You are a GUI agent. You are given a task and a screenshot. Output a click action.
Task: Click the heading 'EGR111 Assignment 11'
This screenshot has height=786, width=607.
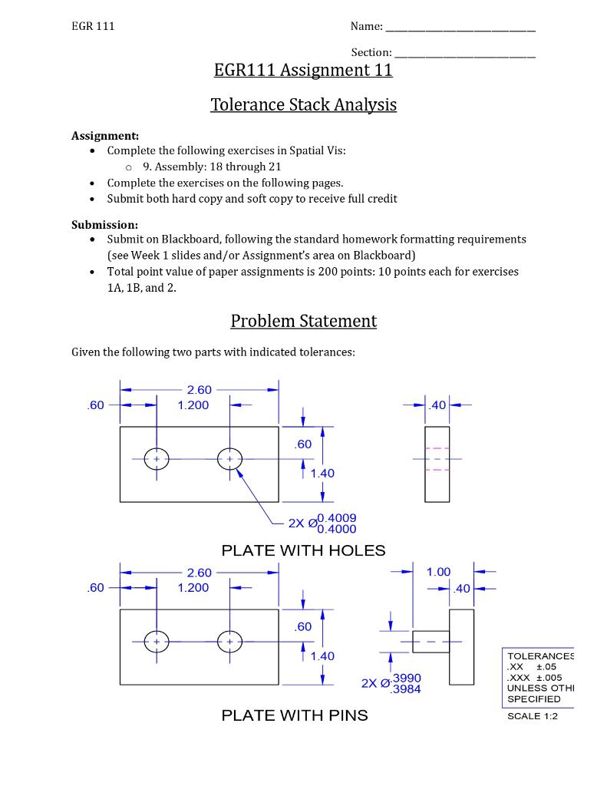point(303,71)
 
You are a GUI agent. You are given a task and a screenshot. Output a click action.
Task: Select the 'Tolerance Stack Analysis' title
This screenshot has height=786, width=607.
point(303,104)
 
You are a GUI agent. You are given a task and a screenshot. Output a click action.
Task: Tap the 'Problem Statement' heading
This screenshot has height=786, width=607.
point(303,321)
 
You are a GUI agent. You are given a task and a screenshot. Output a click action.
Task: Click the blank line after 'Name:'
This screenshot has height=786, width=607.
point(460,28)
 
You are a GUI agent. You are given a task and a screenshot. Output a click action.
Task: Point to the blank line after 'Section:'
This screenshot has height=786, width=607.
point(464,54)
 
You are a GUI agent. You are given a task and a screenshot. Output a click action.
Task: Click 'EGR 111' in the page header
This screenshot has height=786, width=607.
point(93,26)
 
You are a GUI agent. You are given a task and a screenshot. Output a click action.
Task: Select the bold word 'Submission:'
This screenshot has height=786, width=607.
point(104,225)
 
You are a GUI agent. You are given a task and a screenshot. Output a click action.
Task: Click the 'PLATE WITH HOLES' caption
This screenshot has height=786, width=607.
point(303,550)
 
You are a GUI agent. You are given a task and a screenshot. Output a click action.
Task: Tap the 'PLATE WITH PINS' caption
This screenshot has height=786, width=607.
point(295,715)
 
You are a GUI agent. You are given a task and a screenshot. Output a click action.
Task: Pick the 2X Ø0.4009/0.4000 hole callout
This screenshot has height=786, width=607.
point(322,523)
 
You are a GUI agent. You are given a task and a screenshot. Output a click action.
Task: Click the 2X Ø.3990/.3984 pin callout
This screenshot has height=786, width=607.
point(391,683)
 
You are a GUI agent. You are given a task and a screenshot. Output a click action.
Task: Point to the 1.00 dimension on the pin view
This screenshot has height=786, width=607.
point(438,572)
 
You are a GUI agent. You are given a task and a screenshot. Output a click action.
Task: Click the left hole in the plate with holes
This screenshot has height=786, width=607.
point(157,459)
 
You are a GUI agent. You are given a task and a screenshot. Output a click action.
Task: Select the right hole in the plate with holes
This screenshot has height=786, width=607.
point(229,459)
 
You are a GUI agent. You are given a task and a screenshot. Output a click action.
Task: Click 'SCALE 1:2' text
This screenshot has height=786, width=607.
point(533,716)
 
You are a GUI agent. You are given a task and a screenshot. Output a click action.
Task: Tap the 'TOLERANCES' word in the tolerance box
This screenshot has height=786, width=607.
point(540,656)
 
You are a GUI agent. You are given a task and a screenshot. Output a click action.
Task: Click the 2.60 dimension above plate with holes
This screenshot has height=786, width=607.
point(199,390)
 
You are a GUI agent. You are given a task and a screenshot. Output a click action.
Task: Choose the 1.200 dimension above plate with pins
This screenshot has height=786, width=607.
point(193,588)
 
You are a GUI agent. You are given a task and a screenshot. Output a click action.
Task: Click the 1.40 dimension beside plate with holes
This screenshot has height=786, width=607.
point(322,474)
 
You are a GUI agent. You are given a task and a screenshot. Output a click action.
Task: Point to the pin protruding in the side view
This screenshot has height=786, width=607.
point(431,641)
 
